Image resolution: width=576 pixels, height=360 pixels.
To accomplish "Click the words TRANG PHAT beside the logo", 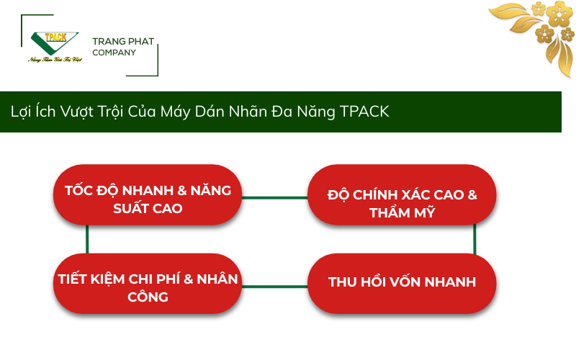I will click(x=123, y=42).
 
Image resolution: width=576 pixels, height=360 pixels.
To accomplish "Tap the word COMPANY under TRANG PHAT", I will click(x=114, y=53).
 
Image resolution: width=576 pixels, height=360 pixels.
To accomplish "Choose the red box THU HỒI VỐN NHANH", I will click(x=402, y=282).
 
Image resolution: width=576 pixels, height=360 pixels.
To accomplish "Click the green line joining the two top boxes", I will click(x=274, y=197).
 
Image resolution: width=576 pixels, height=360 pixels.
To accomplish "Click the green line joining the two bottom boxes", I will click(x=274, y=286).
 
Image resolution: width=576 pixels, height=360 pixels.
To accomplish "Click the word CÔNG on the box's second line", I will click(x=148, y=297).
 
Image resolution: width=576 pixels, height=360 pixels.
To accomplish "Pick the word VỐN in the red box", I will click(x=405, y=282).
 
